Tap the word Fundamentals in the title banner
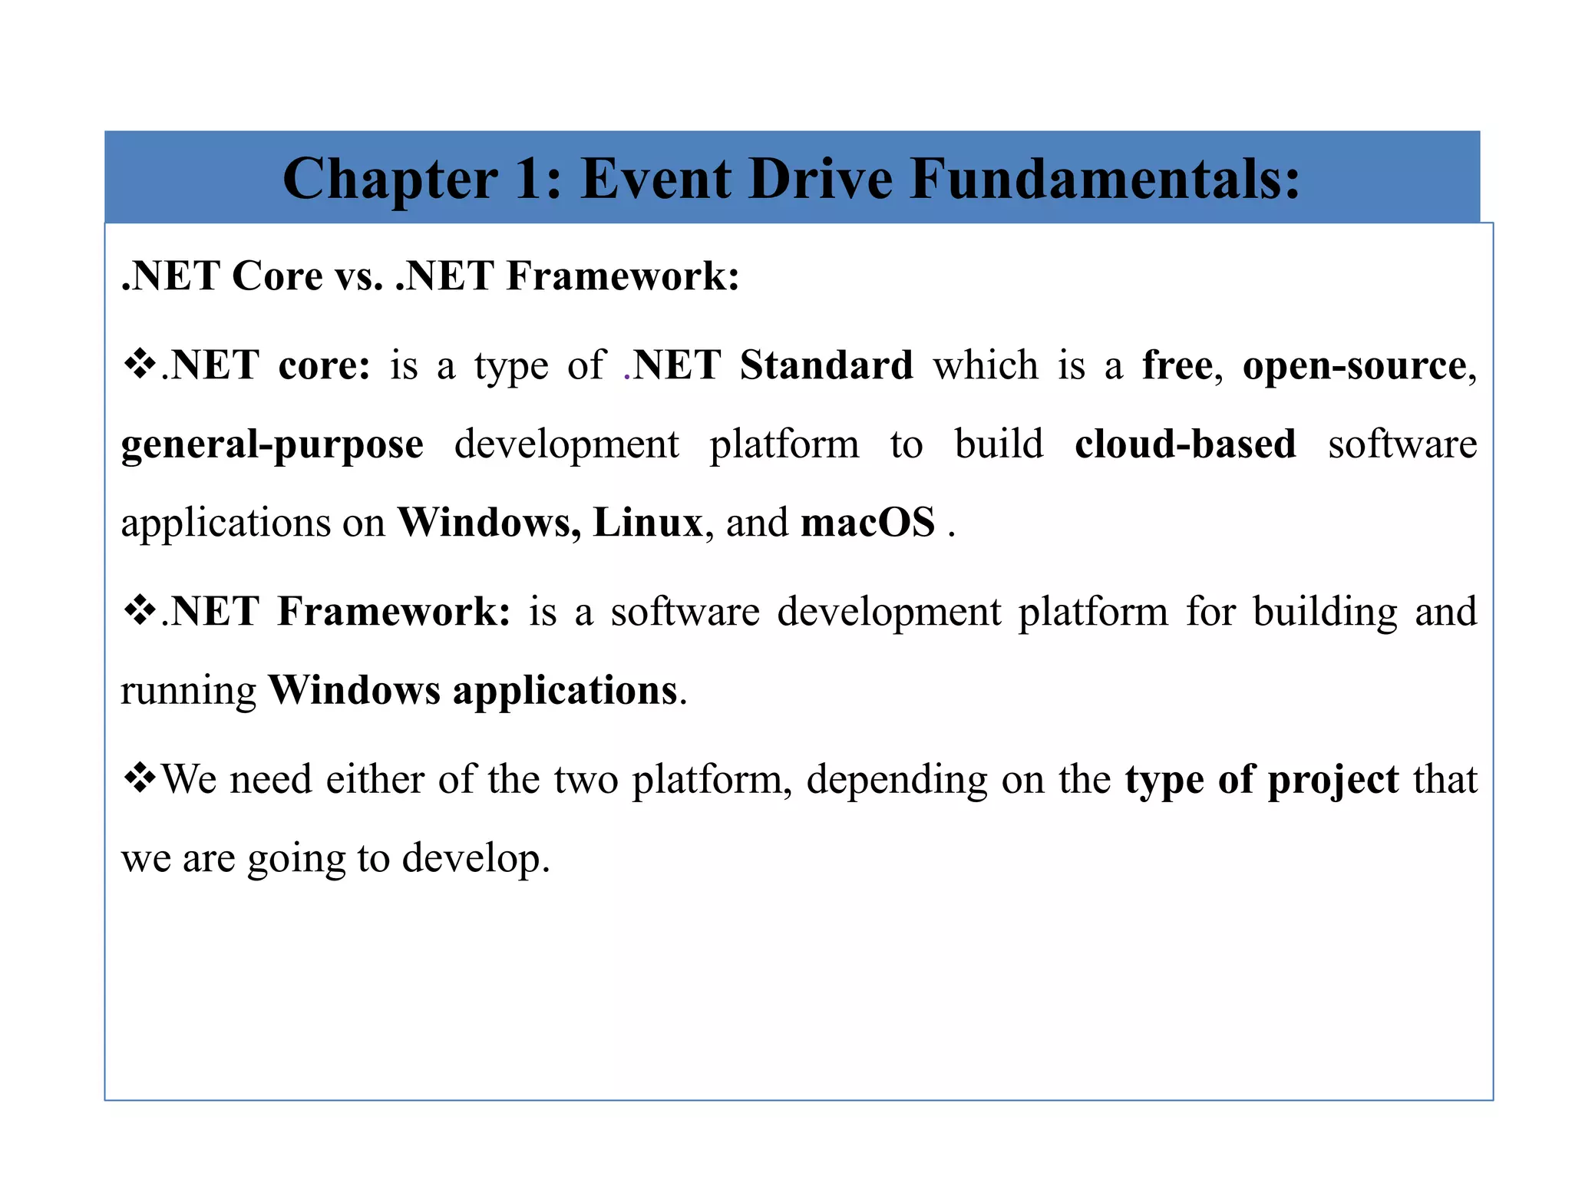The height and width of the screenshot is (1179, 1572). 1105,179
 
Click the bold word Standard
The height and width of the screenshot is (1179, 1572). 827,365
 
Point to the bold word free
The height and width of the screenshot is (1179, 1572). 1177,365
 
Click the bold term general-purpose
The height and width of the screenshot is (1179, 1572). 272,446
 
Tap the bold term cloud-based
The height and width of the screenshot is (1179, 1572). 1185,444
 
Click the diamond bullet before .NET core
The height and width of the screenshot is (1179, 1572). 140,363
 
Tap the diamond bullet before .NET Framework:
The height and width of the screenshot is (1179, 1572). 140,611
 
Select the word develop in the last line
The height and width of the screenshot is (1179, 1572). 476,860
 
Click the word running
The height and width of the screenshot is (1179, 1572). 189,692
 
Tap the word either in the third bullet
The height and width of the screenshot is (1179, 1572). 375,780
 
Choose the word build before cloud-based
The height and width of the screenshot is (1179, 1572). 999,444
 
